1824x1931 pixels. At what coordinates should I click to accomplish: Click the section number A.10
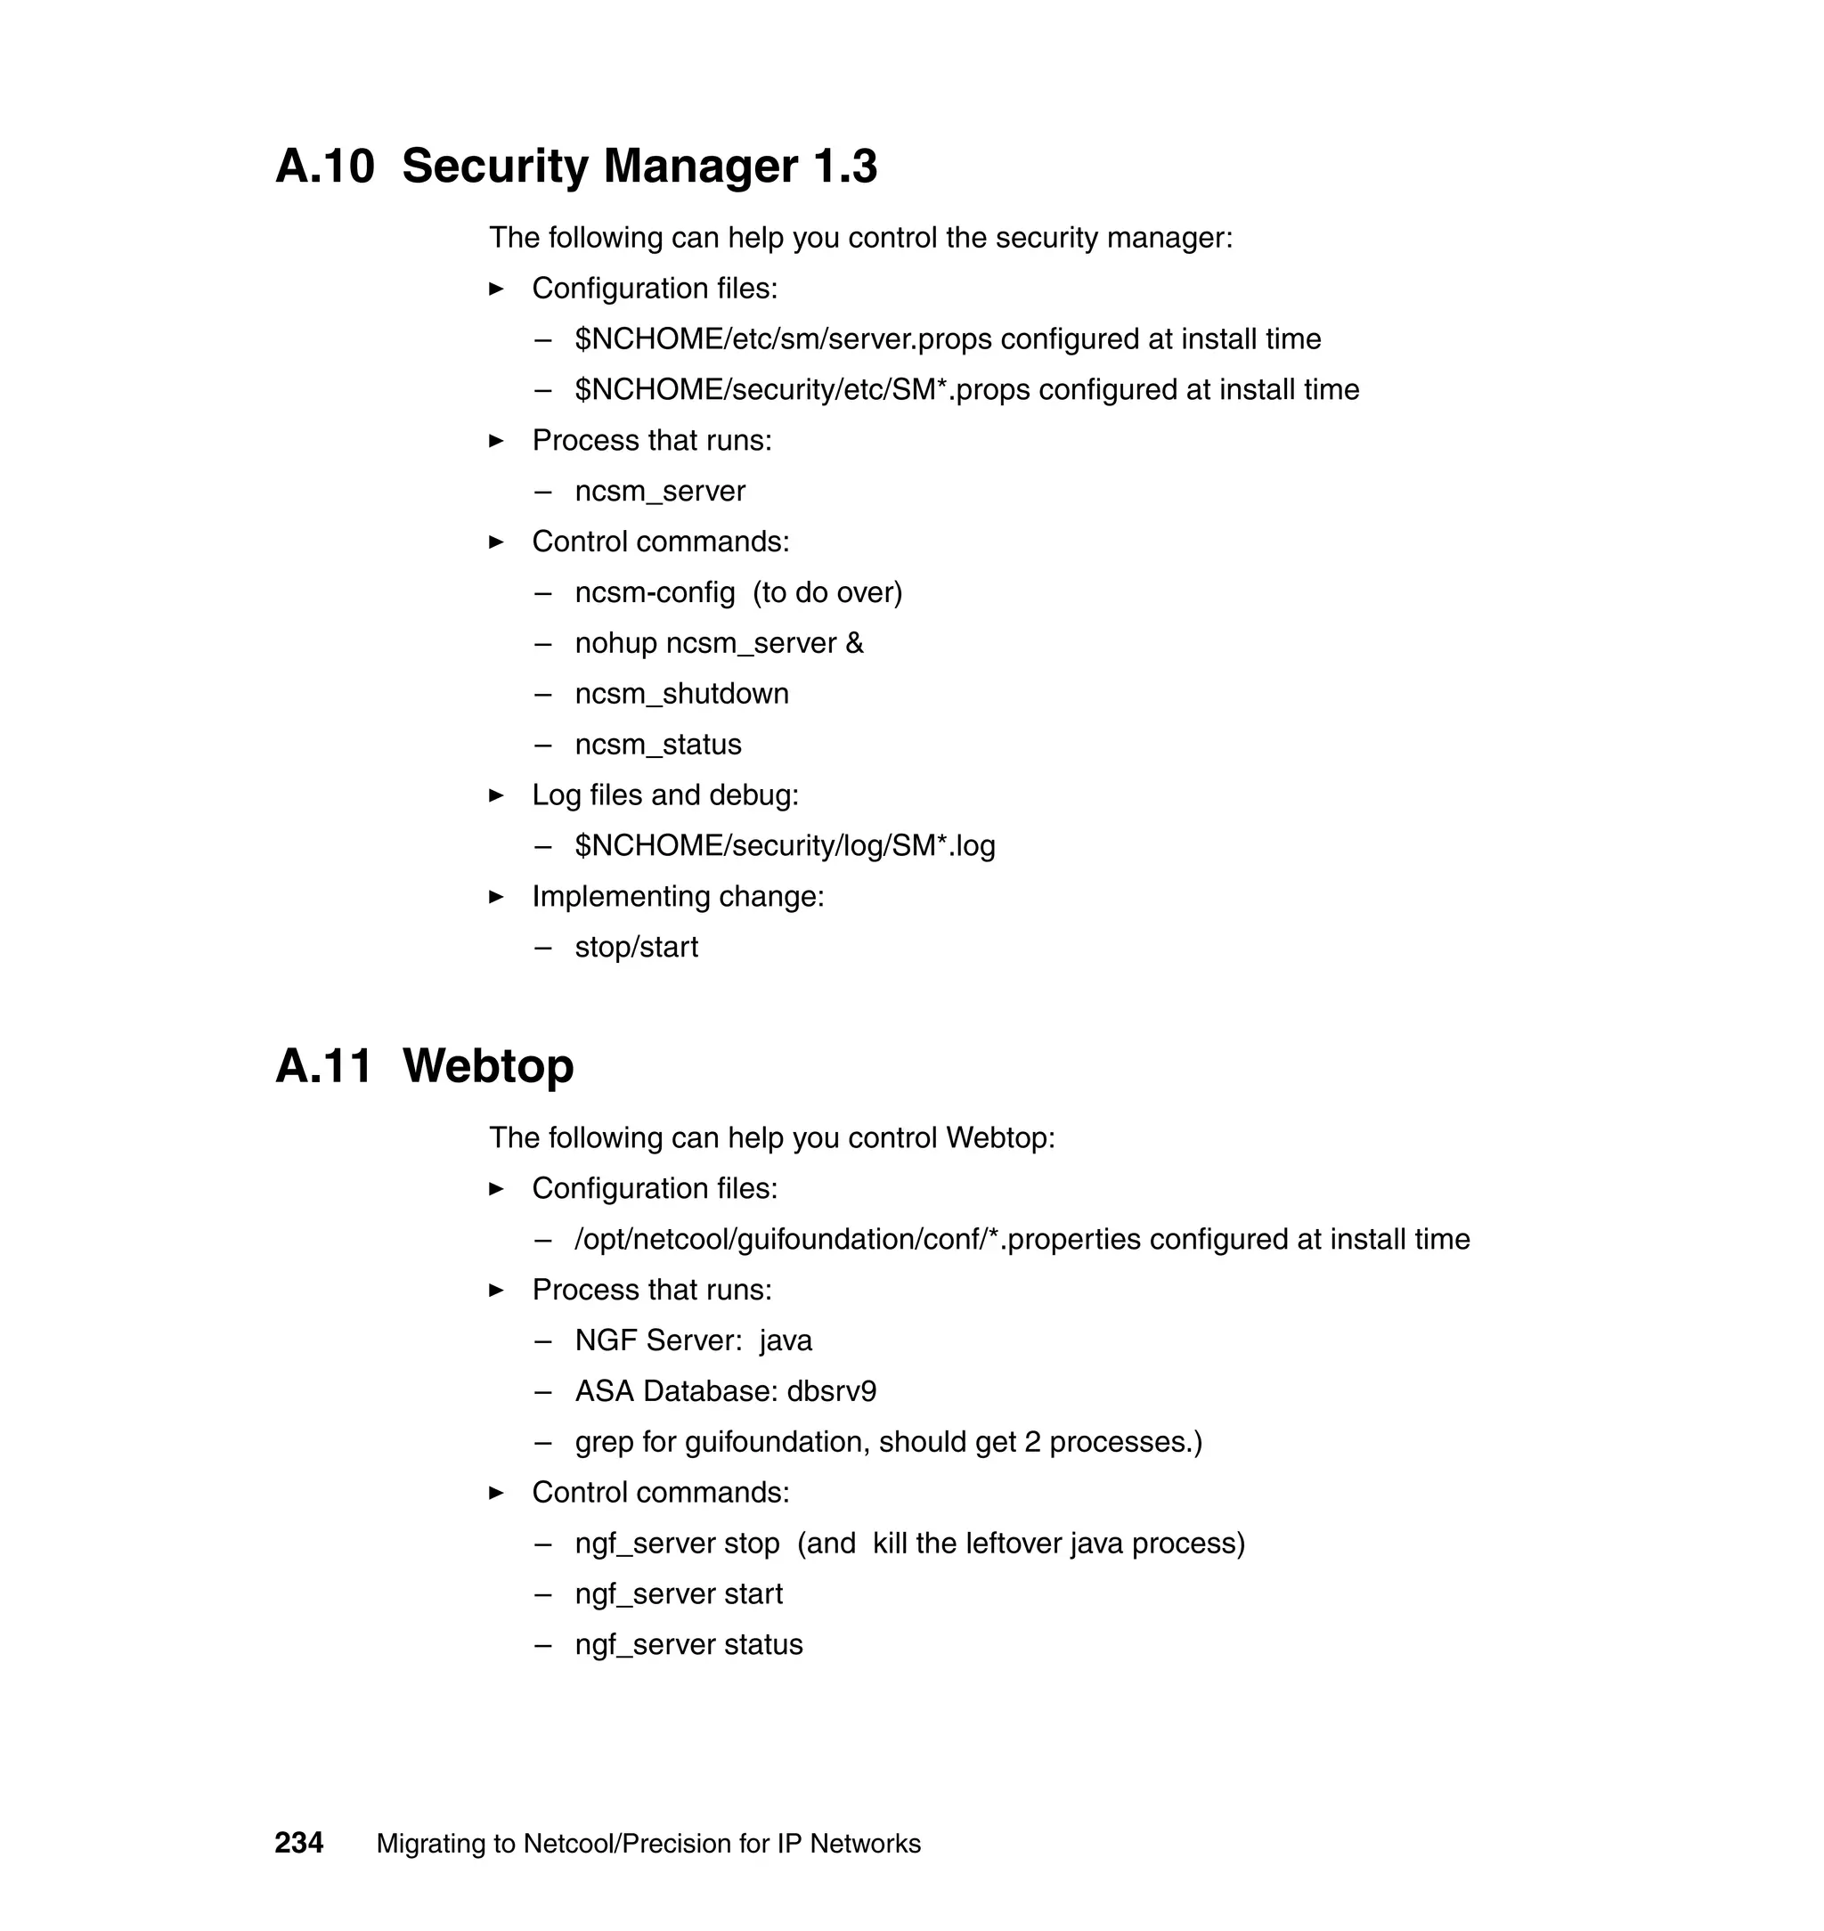(325, 167)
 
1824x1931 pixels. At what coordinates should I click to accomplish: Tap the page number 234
(298, 1844)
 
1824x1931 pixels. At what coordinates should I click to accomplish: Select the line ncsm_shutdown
(681, 694)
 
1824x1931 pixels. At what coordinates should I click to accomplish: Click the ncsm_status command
(657, 745)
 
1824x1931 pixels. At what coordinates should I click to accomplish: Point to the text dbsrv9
(831, 1391)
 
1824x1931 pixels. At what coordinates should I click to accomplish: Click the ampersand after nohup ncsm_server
(855, 644)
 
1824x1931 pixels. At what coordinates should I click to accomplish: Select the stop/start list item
(636, 947)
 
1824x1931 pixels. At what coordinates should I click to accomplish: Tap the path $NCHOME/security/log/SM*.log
(785, 846)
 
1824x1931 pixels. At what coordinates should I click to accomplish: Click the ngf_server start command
(679, 1593)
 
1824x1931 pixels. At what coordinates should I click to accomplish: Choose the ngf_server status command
(688, 1644)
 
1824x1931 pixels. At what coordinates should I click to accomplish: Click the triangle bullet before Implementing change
(497, 896)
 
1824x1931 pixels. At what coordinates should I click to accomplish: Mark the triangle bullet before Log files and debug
(497, 795)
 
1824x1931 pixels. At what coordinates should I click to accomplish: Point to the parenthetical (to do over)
(827, 593)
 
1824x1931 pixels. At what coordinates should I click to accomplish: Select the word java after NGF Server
(786, 1340)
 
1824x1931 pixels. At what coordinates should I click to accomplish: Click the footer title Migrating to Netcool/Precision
(647, 1844)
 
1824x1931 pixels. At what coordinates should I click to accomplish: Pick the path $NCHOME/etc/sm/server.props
(784, 339)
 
